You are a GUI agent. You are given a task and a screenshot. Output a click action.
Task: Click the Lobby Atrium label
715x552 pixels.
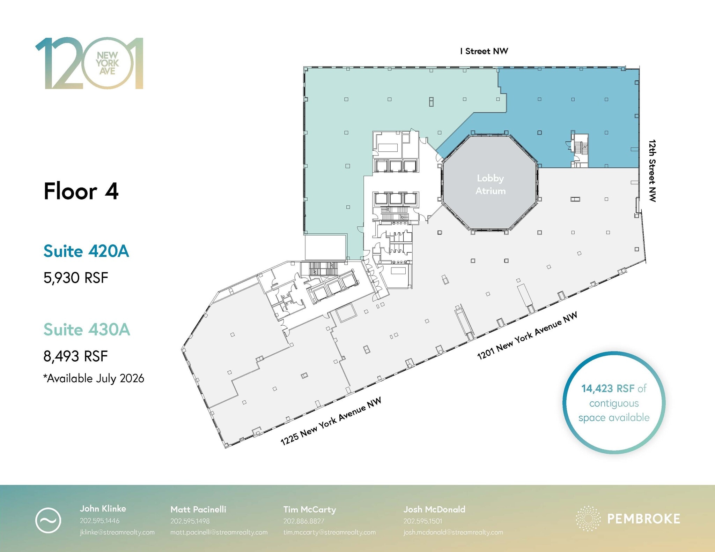click(490, 184)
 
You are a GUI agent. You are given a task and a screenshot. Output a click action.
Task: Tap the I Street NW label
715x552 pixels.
click(484, 51)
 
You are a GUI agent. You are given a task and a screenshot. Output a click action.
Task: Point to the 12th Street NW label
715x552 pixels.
click(652, 171)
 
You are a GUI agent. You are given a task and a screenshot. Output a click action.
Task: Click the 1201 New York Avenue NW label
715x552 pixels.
click(527, 335)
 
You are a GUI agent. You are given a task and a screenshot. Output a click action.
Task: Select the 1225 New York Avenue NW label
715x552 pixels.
click(331, 421)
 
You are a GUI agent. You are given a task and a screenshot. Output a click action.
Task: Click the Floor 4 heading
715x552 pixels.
click(81, 191)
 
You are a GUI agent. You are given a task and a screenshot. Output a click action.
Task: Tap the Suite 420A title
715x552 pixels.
click(86, 251)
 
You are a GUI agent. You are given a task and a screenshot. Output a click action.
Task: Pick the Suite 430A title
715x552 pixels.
click(87, 330)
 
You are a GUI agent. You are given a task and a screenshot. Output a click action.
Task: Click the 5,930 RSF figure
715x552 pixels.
click(76, 278)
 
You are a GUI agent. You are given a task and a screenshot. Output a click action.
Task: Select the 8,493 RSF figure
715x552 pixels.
click(75, 356)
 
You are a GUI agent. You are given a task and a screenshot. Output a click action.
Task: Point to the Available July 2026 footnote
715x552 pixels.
click(94, 378)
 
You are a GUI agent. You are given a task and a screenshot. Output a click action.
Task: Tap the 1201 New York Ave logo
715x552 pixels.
click(89, 63)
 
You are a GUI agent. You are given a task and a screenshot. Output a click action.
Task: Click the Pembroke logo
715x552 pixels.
click(628, 519)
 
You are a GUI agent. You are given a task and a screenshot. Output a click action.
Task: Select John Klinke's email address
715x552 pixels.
click(117, 532)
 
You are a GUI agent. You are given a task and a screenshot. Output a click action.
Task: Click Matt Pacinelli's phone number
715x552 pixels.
click(190, 521)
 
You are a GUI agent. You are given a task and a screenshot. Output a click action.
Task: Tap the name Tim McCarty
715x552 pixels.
click(310, 509)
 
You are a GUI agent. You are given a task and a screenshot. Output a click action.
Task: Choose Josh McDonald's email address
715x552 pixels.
click(453, 532)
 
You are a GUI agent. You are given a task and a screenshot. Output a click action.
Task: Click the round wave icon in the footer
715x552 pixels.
click(48, 521)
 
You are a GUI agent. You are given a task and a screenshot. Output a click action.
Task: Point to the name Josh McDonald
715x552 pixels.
click(434, 509)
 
